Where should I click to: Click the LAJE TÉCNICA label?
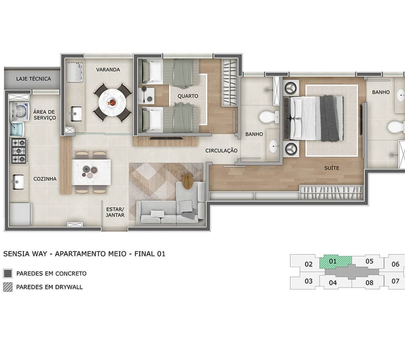(34, 79)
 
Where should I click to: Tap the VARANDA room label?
(108, 70)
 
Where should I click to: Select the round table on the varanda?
(112, 102)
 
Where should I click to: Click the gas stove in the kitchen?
(19, 151)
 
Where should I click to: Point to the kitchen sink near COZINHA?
(18, 182)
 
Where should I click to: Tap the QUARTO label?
(188, 96)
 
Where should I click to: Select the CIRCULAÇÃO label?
(221, 151)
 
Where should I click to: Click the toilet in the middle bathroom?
(268, 117)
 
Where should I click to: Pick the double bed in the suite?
(314, 118)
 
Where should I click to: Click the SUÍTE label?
(332, 168)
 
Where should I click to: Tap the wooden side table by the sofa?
(188, 181)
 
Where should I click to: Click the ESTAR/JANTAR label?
(115, 212)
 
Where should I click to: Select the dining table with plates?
(91, 172)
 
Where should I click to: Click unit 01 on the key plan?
(335, 261)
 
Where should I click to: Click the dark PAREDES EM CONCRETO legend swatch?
(8, 274)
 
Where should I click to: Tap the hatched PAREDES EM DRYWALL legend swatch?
(8, 287)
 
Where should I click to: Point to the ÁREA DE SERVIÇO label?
(44, 115)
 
